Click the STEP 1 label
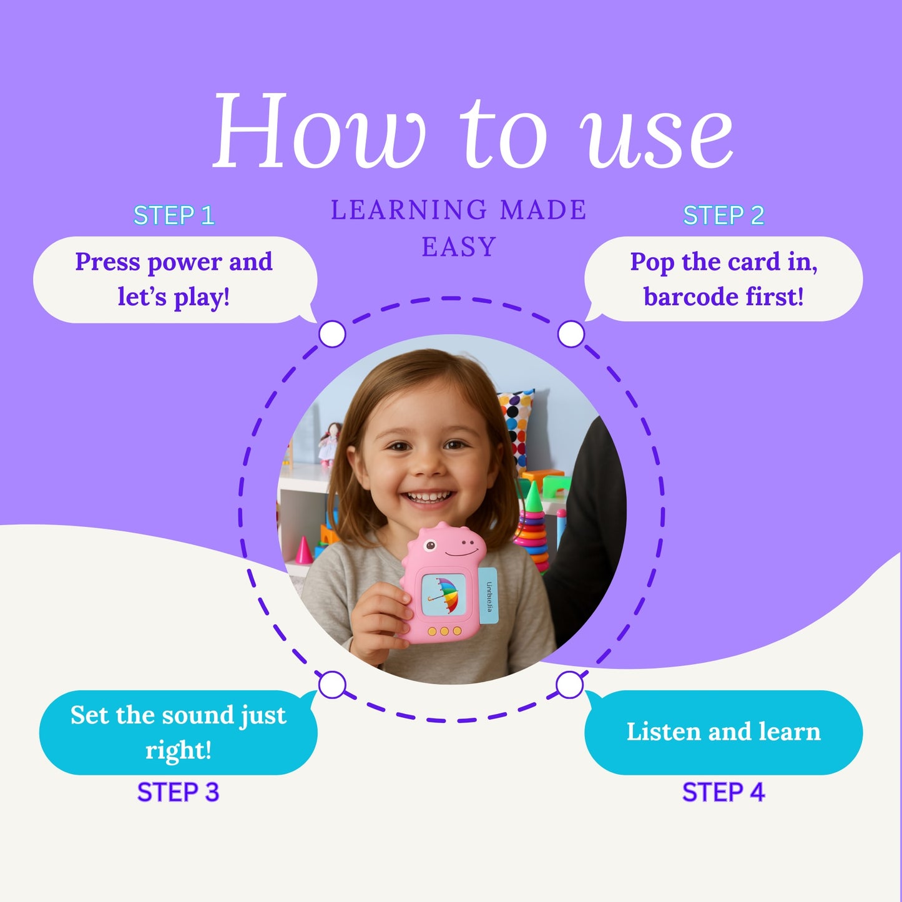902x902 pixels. (174, 215)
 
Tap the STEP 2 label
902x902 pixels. (723, 215)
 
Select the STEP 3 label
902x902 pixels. (178, 792)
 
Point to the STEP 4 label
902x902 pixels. (723, 792)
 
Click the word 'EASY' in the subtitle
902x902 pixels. (459, 247)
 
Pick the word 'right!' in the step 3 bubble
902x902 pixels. (179, 751)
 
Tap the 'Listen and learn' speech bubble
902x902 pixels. (723, 732)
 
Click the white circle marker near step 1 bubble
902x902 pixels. (332, 334)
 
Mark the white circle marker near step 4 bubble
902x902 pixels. (570, 685)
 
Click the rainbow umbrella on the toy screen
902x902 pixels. (444, 594)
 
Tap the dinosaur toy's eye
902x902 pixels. (429, 545)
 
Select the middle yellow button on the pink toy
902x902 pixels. (444, 632)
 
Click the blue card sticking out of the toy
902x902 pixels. (488, 596)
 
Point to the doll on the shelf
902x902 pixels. (330, 444)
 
